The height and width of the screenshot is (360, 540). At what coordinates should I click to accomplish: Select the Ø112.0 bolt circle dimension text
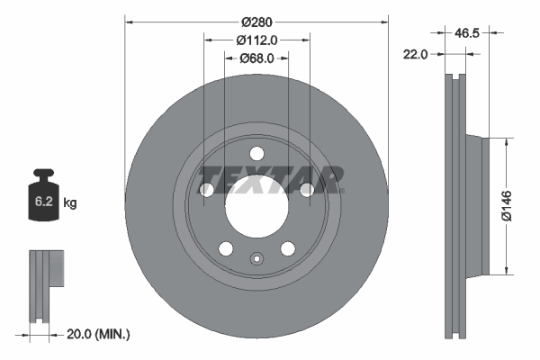point(256,40)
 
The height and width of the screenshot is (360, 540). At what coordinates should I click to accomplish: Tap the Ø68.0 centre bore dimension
point(256,58)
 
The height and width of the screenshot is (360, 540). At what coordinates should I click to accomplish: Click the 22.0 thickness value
point(416,54)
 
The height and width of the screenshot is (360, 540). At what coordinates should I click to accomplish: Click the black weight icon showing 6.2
point(45,193)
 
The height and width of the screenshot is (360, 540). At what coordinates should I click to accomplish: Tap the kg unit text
point(70,203)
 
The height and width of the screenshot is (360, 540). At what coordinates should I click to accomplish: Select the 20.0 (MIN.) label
point(100,334)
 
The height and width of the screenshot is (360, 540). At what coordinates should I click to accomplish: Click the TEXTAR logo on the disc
point(270,180)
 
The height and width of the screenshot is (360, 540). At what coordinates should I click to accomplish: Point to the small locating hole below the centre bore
point(256,262)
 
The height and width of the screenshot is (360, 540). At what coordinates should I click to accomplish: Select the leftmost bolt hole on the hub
point(206,189)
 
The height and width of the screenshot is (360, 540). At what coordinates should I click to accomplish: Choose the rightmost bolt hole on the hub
point(307,189)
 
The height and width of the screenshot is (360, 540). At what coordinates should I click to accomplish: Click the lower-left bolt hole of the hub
point(226,247)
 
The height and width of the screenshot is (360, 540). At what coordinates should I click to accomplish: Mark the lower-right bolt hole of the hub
point(287,247)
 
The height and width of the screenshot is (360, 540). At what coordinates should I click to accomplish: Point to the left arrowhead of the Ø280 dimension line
point(128,20)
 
